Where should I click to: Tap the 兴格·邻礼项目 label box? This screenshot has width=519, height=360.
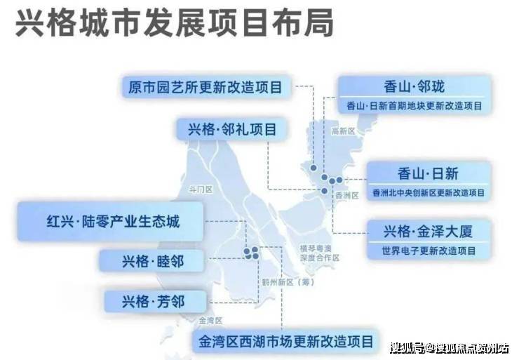pyautogui.click(x=232, y=129)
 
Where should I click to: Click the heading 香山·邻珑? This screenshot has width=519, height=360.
pyautogui.click(x=414, y=87)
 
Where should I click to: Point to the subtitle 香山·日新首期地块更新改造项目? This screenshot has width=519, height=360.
pyautogui.click(x=414, y=106)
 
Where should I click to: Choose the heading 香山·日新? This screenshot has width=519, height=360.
pyautogui.click(x=428, y=173)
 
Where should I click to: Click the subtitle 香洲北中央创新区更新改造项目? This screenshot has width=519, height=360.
pyautogui.click(x=429, y=193)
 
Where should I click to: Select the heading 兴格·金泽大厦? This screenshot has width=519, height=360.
pyautogui.click(x=428, y=231)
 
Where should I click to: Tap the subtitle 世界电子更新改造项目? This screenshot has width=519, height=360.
pyautogui.click(x=429, y=251)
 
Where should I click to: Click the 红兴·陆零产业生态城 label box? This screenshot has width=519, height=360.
pyautogui.click(x=110, y=221)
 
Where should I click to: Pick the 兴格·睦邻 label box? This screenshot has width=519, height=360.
pyautogui.click(x=152, y=261)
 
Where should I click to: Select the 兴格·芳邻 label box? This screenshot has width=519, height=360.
pyautogui.click(x=155, y=301)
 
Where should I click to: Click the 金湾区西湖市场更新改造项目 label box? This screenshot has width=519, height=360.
pyautogui.click(x=285, y=342)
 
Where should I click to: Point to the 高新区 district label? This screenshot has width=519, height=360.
pyautogui.click(x=343, y=131)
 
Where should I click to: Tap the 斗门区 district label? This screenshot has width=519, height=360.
pyautogui.click(x=201, y=189)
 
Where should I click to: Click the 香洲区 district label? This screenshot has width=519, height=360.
pyautogui.click(x=347, y=195)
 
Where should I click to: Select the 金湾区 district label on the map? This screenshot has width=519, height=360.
pyautogui.click(x=210, y=320)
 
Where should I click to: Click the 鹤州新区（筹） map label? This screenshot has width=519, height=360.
pyautogui.click(x=288, y=282)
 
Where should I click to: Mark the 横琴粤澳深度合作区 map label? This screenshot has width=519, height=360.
pyautogui.click(x=320, y=253)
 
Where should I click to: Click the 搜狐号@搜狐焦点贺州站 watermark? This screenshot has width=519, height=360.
pyautogui.click(x=449, y=348)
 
